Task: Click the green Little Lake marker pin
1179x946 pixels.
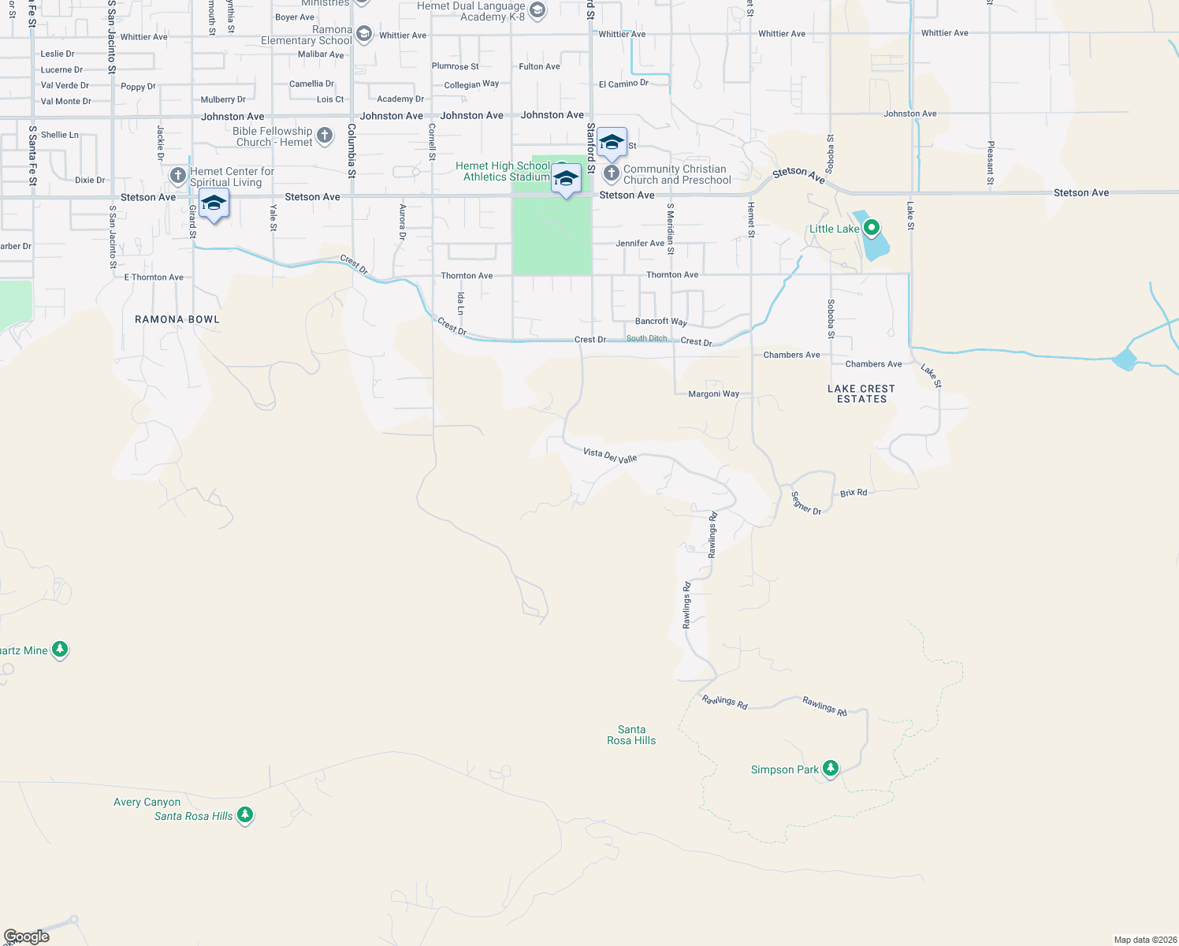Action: (871, 229)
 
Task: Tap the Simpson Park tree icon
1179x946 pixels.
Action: (830, 768)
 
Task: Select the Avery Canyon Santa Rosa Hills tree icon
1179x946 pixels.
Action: (245, 814)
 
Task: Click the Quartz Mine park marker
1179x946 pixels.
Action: (60, 650)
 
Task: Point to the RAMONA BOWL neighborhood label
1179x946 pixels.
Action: (177, 319)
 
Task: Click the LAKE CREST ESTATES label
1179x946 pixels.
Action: (861, 394)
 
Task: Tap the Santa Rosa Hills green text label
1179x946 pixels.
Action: (631, 735)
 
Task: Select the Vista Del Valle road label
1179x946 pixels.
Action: (610, 455)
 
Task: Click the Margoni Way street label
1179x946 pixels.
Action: (714, 393)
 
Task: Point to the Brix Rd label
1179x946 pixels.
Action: (854, 493)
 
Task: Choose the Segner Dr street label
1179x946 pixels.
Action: (806, 503)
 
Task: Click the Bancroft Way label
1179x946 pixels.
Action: (661, 322)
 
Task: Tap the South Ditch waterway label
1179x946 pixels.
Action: (646, 338)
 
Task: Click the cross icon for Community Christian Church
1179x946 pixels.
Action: (611, 173)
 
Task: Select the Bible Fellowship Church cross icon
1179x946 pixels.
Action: (325, 136)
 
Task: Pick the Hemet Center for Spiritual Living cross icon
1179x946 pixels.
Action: (178, 175)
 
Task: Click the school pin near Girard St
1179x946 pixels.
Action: (214, 204)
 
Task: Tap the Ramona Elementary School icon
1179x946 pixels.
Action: (363, 33)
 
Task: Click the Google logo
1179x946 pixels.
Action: (27, 937)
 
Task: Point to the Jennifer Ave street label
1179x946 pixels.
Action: (640, 244)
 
